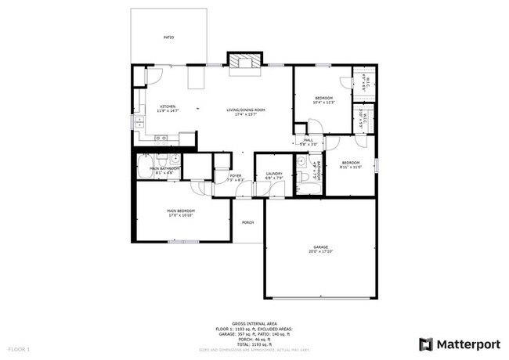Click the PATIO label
point(168,37)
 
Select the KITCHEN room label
point(168,107)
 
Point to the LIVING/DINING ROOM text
point(246,110)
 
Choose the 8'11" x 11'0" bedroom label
point(350,164)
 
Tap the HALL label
point(309,141)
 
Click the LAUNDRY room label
point(273,175)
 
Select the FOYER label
point(236,177)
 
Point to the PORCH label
point(247,221)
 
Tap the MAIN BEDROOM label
point(180,212)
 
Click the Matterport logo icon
point(425,344)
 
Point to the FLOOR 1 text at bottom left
point(19,347)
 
